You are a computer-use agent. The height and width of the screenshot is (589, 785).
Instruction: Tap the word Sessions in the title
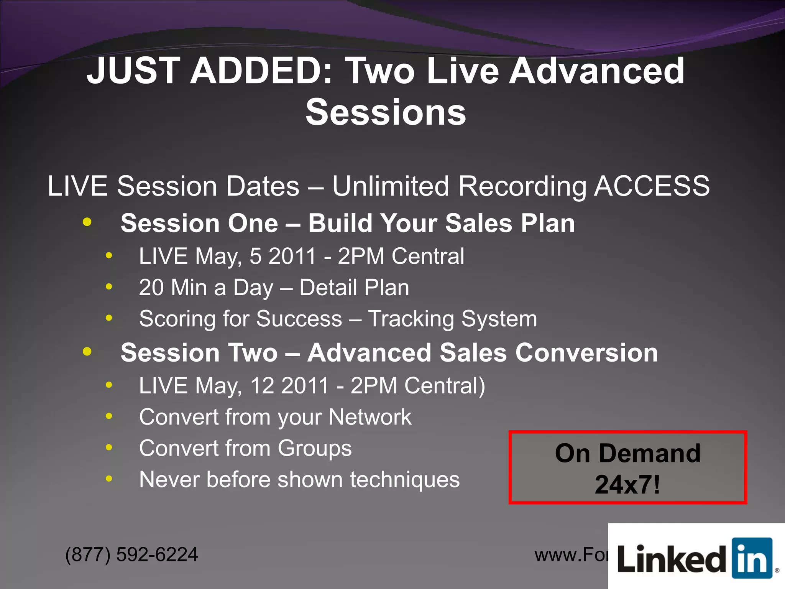[x=386, y=112]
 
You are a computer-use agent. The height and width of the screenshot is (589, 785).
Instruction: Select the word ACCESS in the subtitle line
[x=652, y=186]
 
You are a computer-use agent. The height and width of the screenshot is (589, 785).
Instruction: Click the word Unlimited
[x=390, y=186]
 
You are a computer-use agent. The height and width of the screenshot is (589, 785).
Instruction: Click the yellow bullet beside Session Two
[x=87, y=351]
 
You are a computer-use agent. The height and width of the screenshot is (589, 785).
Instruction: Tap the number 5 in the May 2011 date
[x=256, y=256]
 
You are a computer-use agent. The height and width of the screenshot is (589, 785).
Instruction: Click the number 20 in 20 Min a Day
[x=151, y=288]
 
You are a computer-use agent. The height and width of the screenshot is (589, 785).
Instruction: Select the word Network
[x=370, y=417]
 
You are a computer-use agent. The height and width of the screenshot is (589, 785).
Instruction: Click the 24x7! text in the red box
[x=627, y=485]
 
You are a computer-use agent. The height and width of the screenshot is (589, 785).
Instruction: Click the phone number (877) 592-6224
[x=131, y=554]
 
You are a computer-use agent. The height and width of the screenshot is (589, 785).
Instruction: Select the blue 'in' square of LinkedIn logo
[x=751, y=558]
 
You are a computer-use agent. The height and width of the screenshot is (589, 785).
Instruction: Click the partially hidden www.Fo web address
[x=571, y=555]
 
